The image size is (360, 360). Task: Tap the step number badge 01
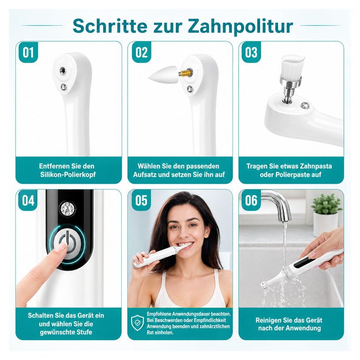pyautogui.click(x=28, y=52)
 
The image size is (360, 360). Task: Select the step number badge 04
pyautogui.click(x=28, y=201)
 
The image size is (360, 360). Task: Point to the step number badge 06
pyautogui.click(x=251, y=201)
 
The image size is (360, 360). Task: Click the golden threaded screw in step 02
pyautogui.click(x=185, y=73)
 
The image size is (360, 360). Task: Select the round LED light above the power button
pyautogui.click(x=67, y=209)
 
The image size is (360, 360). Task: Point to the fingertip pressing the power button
pyautogui.click(x=62, y=248)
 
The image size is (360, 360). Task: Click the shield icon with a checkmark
pyautogui.click(x=138, y=323)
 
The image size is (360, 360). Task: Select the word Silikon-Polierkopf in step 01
pyautogui.click(x=68, y=175)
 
